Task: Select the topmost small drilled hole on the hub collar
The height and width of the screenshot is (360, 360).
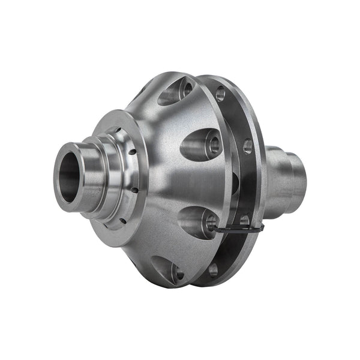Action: pos(118,128)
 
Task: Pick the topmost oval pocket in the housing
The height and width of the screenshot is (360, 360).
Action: pos(174,92)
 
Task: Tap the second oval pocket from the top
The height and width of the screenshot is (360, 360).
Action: pos(201,144)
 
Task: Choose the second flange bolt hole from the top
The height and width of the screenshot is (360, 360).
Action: pos(247,145)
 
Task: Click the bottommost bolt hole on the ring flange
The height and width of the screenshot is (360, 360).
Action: pos(214,269)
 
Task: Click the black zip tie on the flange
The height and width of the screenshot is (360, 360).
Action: pos(240,229)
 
